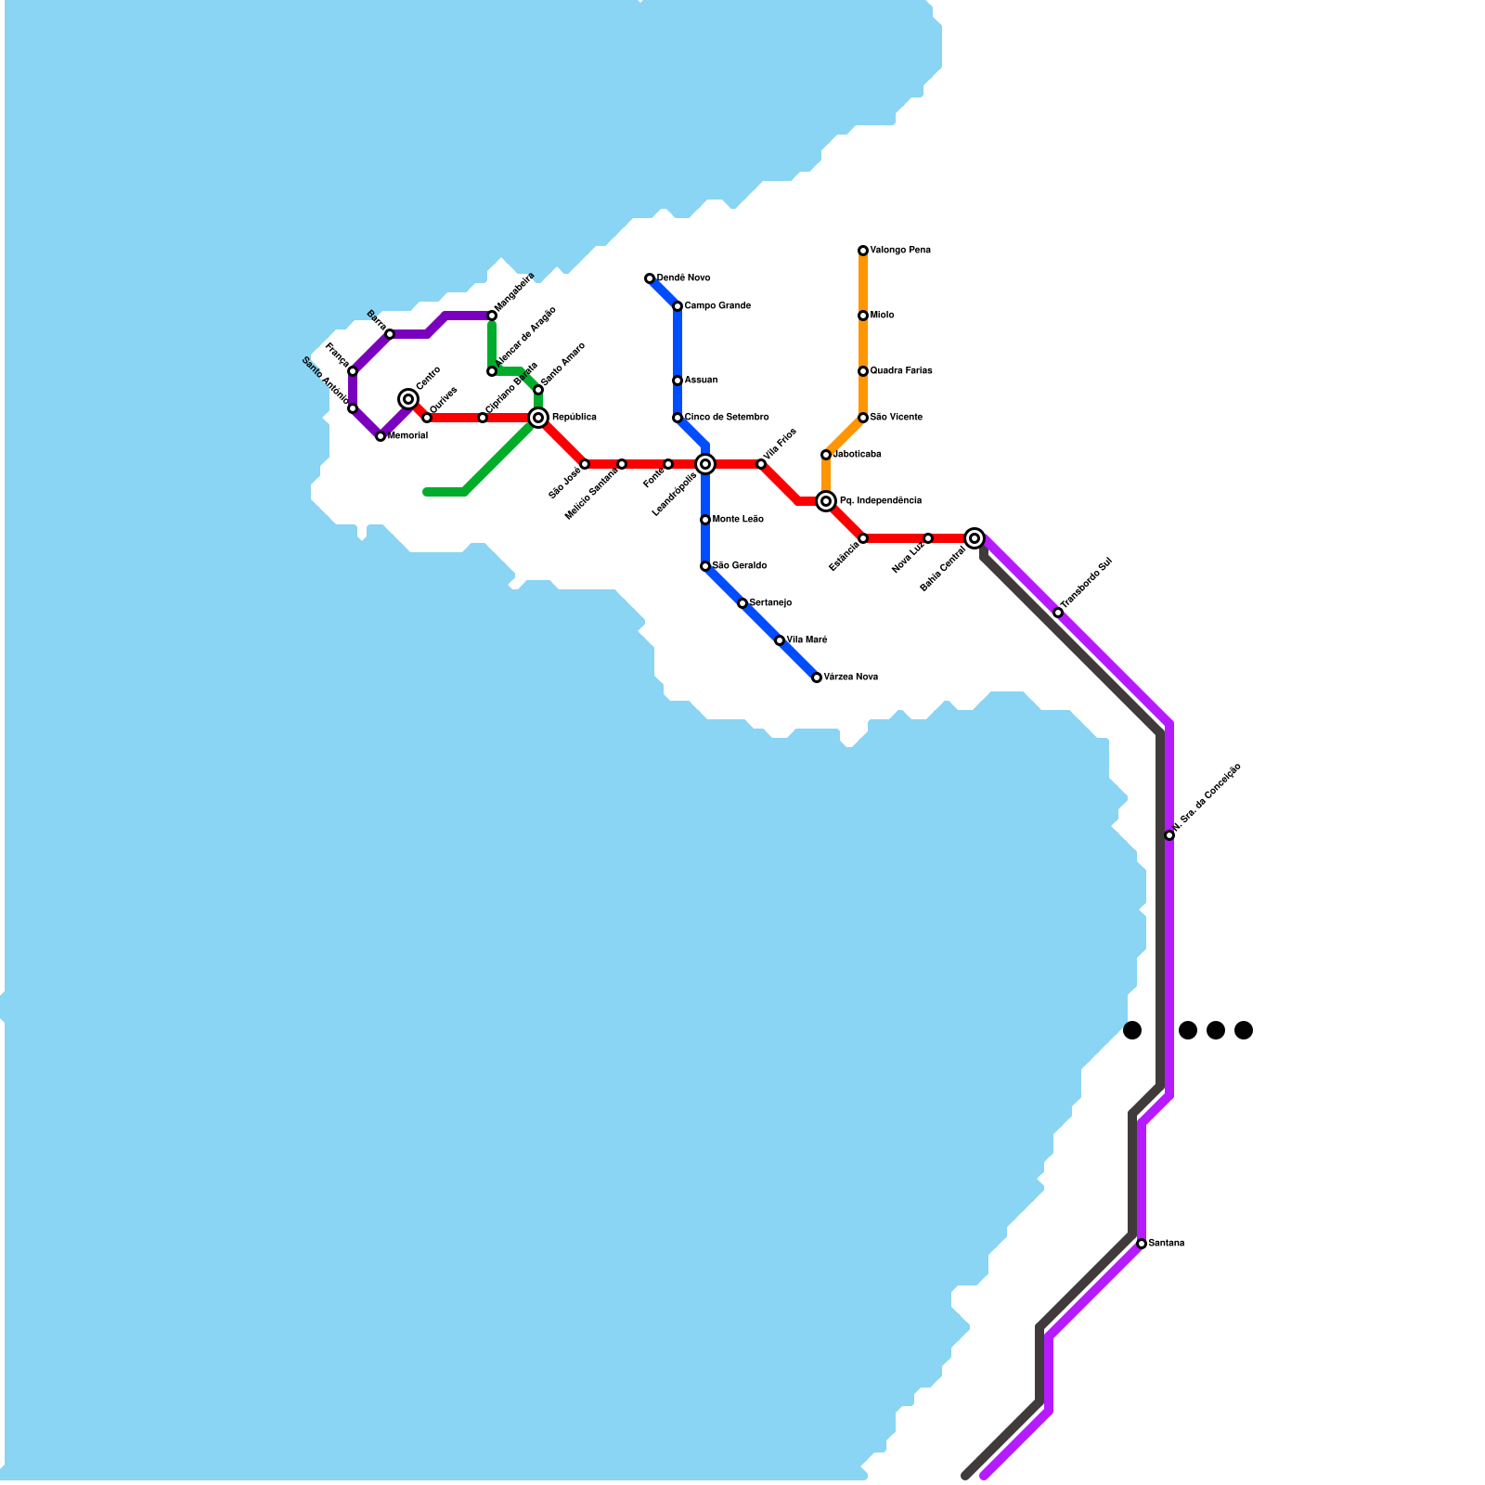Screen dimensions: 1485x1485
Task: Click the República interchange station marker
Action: click(538, 418)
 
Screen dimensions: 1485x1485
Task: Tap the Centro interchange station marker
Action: click(408, 399)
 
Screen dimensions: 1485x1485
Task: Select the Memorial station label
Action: click(407, 436)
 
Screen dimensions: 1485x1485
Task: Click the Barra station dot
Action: click(390, 334)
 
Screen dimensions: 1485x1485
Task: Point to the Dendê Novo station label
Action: click(684, 278)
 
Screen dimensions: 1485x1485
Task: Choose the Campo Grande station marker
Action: click(678, 306)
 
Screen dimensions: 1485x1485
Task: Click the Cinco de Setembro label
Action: click(727, 418)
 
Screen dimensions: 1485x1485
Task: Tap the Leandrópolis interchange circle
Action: click(705, 464)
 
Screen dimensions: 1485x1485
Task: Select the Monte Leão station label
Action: click(738, 520)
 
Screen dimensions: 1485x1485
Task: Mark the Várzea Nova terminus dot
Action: click(817, 678)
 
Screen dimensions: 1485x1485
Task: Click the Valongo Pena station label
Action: click(900, 251)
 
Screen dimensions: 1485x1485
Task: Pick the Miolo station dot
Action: click(863, 316)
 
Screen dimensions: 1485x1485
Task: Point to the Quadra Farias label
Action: click(901, 371)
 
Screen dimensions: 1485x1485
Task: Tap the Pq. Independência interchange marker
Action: click(826, 501)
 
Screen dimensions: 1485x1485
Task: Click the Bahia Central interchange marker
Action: click(975, 538)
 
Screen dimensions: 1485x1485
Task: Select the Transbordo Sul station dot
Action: click(1058, 613)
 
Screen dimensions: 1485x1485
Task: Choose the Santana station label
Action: click(1167, 1244)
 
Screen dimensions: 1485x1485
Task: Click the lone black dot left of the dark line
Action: click(1132, 1030)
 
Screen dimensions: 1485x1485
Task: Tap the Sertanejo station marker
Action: click(742, 603)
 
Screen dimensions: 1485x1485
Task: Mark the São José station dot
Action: click(585, 464)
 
